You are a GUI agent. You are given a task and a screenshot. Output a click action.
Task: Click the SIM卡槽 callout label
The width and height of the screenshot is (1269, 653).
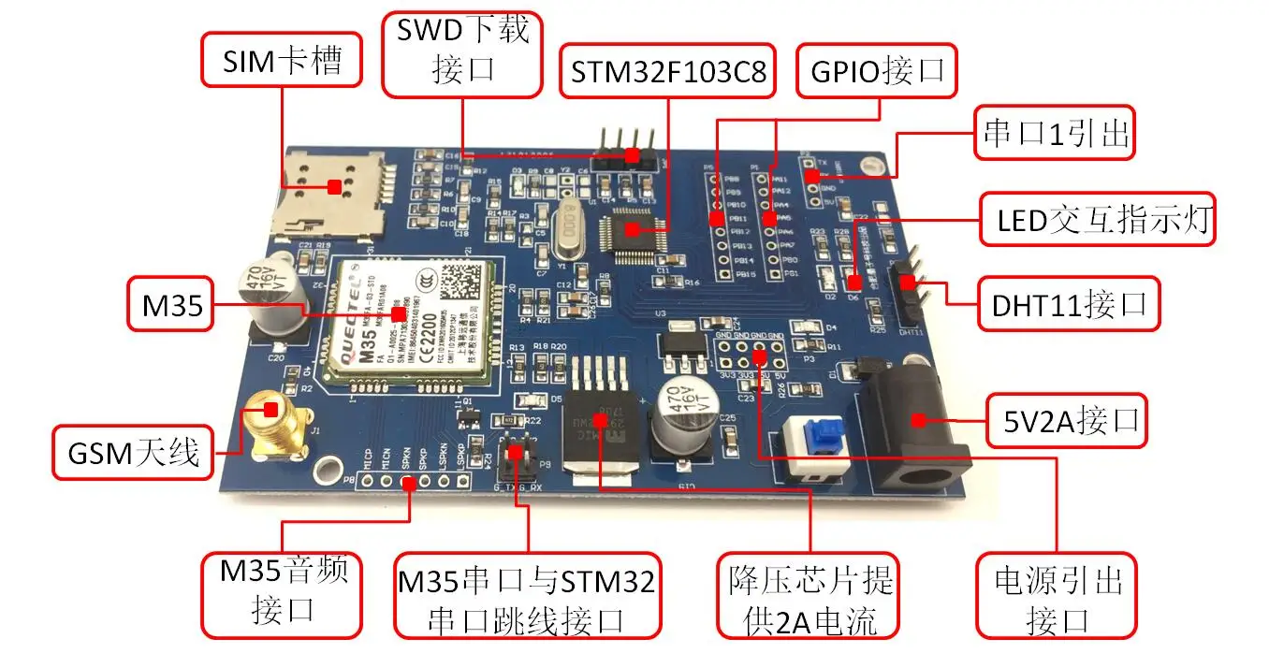point(281,62)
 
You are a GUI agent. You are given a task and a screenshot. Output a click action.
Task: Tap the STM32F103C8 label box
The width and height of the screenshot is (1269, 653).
point(667,70)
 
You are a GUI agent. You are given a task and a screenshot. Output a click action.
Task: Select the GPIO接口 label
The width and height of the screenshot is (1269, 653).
point(877,70)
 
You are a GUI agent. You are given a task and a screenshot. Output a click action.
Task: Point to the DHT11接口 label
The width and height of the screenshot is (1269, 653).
point(1069,303)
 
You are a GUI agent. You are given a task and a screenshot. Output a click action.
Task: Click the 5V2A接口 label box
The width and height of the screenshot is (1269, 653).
point(1068,420)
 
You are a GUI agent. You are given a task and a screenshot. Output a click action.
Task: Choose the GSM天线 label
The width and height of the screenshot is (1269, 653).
point(134,453)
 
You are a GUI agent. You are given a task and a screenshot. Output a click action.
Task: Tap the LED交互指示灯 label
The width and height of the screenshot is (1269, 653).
point(1097,220)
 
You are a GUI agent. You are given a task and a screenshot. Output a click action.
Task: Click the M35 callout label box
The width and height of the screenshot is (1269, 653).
point(171,305)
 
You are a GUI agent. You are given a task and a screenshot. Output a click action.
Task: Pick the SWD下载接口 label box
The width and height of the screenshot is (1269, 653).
point(462,52)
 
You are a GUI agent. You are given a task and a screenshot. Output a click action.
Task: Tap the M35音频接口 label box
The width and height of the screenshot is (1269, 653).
point(282,593)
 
